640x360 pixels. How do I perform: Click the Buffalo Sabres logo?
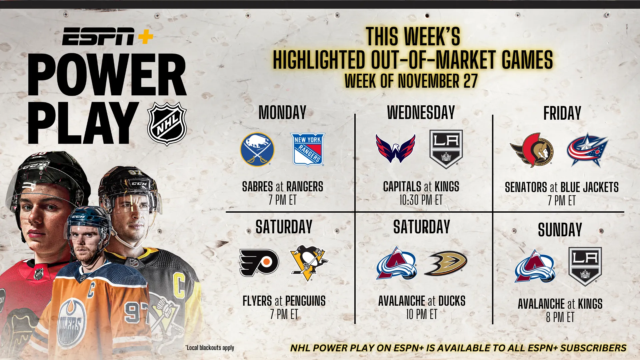pyautogui.click(x=257, y=149)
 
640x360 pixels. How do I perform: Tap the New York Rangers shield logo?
pyautogui.click(x=308, y=149)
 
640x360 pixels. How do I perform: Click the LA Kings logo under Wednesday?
pyautogui.click(x=446, y=149)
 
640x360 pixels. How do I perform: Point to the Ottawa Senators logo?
pyautogui.click(x=532, y=150)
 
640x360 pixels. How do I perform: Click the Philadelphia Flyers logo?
pyautogui.click(x=259, y=263)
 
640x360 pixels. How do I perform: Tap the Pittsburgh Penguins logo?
pyautogui.click(x=309, y=263)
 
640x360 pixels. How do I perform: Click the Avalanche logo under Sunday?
pyautogui.click(x=535, y=266)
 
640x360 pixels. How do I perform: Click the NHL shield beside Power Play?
pyautogui.click(x=167, y=124)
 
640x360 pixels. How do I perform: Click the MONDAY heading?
pyautogui.click(x=283, y=113)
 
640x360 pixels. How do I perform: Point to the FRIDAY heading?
pyautogui.click(x=562, y=113)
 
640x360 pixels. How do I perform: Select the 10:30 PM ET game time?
pyautogui.click(x=421, y=200)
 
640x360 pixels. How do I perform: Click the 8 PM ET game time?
pyautogui.click(x=560, y=317)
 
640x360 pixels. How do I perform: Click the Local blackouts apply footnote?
pyautogui.click(x=210, y=348)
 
